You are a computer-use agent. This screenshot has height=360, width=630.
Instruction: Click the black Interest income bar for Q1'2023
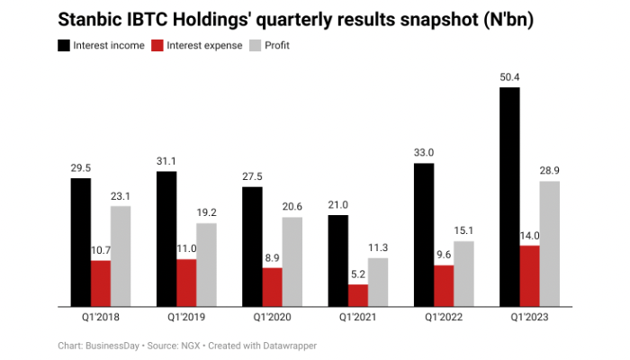(x=508, y=197)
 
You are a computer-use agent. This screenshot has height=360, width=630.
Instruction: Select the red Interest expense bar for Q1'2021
(x=358, y=295)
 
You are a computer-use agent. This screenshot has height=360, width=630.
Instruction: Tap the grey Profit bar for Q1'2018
(x=121, y=256)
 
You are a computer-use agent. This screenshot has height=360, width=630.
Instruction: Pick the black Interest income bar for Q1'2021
(x=337, y=261)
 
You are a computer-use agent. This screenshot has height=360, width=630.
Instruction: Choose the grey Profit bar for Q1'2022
(x=463, y=274)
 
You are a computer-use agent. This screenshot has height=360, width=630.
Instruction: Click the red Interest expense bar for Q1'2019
(x=187, y=283)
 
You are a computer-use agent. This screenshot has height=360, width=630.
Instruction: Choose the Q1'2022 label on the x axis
(x=444, y=318)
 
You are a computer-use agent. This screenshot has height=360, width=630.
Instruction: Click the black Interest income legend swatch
(x=66, y=45)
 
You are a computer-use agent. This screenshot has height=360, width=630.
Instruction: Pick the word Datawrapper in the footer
(x=288, y=346)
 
